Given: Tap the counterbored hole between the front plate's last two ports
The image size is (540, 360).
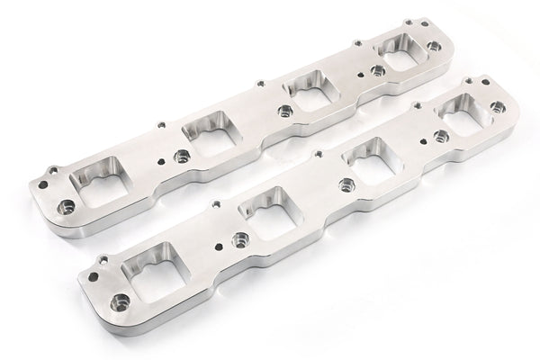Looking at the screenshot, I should (440, 137).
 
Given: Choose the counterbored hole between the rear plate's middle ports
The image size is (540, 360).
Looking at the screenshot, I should (284, 110).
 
